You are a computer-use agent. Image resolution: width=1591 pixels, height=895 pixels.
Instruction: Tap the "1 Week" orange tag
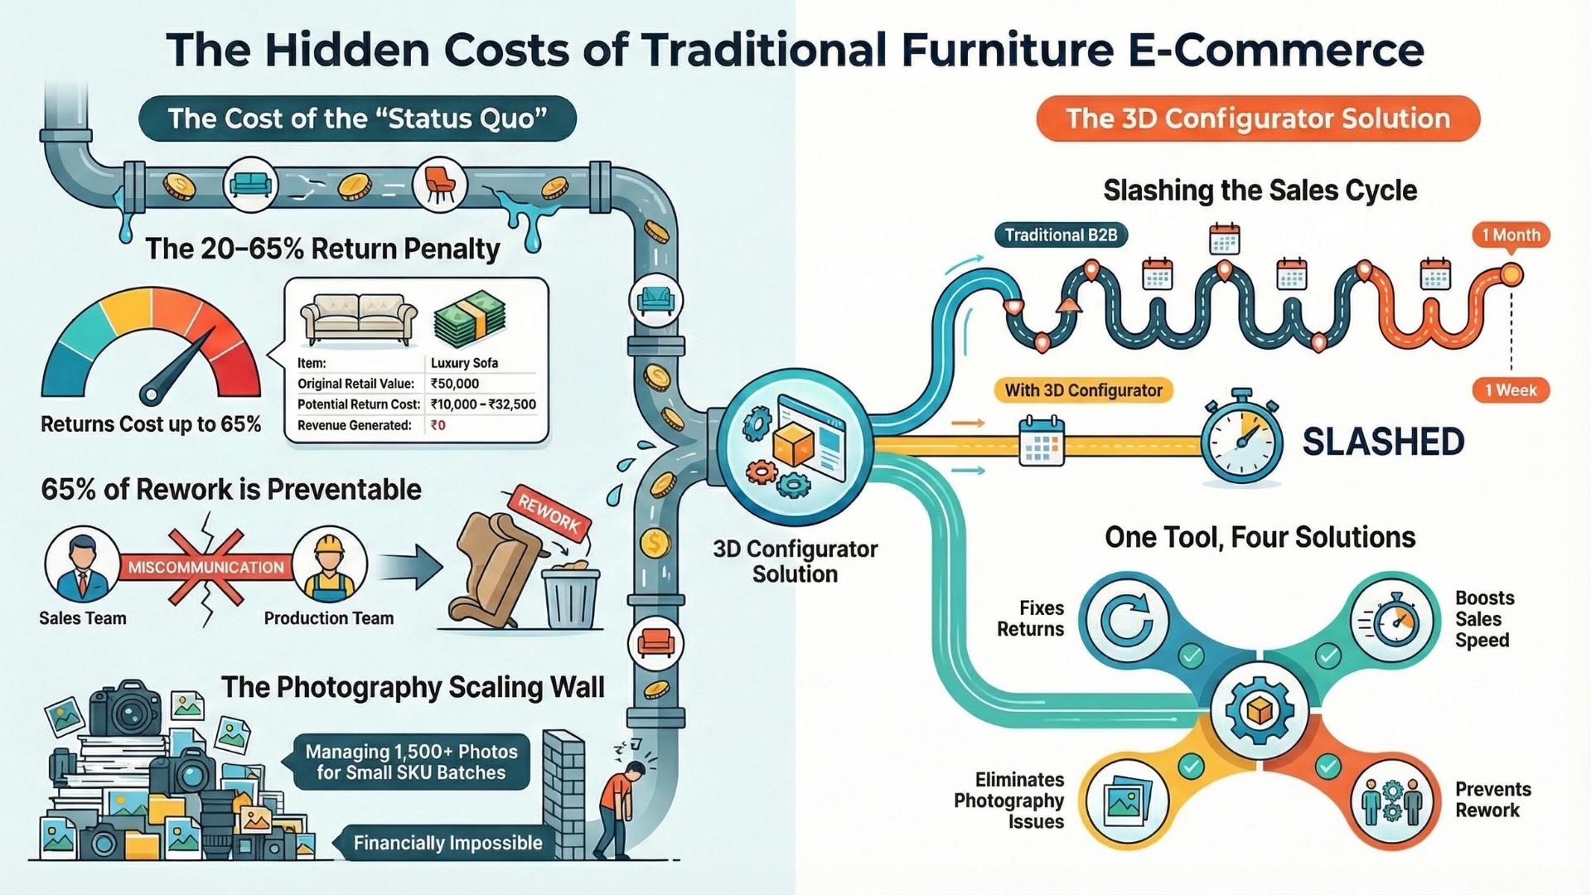click(x=1511, y=390)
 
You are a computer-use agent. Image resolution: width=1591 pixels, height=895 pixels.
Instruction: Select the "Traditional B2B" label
click(x=1061, y=235)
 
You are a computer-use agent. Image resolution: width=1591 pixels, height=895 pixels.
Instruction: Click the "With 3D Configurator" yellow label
click(x=1083, y=390)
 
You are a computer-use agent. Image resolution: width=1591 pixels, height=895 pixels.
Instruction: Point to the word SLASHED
click(x=1383, y=442)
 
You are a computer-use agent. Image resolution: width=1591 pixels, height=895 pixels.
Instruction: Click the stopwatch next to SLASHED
click(x=1241, y=439)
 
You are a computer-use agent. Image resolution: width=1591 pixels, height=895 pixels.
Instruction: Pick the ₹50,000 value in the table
click(x=455, y=384)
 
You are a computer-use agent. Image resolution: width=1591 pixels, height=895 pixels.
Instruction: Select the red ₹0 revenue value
click(x=438, y=425)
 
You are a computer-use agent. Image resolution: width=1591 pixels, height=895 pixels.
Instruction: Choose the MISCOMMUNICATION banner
click(x=206, y=568)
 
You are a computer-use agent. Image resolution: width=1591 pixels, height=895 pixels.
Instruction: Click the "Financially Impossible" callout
click(x=447, y=843)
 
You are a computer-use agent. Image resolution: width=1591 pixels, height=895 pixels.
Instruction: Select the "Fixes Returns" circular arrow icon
click(x=1126, y=621)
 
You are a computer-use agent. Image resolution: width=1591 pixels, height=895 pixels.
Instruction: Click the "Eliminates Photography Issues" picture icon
click(x=1126, y=801)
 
